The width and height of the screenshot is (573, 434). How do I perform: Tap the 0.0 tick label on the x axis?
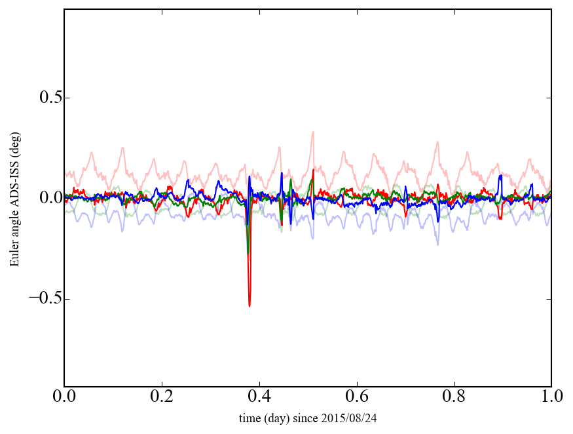click(65, 397)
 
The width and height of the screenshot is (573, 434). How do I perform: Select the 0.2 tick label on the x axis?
click(162, 397)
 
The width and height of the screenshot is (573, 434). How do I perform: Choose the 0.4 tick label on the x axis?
click(259, 397)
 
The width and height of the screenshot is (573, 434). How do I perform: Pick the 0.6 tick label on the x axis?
click(357, 397)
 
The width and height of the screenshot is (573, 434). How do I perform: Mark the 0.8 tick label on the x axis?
click(454, 397)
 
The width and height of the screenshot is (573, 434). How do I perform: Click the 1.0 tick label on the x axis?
click(551, 397)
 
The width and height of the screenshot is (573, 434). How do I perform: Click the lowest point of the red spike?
click(250, 306)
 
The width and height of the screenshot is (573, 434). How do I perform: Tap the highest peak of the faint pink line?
click(313, 132)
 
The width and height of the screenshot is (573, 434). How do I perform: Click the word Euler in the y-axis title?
click(14, 255)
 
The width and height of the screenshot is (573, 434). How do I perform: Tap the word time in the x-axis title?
click(250, 418)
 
